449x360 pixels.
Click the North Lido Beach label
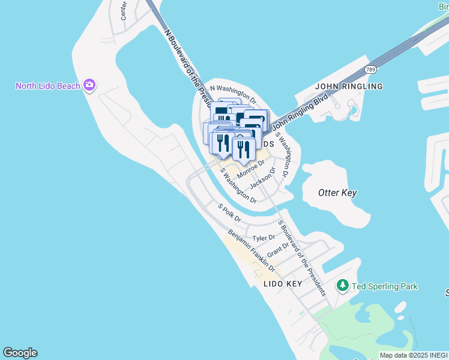tap(47, 86)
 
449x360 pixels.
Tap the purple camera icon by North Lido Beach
tap(89, 85)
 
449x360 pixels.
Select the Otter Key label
tap(337, 193)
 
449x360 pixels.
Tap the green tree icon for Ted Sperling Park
tap(343, 286)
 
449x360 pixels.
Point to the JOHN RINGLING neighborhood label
tap(349, 86)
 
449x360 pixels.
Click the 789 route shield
tap(372, 69)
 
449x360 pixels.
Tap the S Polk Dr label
tap(229, 212)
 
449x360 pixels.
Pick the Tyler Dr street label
tap(263, 238)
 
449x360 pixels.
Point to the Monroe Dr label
tap(250, 170)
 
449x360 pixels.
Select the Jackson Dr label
tap(262, 178)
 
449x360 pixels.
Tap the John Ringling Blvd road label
tap(301, 112)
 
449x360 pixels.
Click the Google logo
tap(20, 353)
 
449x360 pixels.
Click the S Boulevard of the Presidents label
tap(301, 258)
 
